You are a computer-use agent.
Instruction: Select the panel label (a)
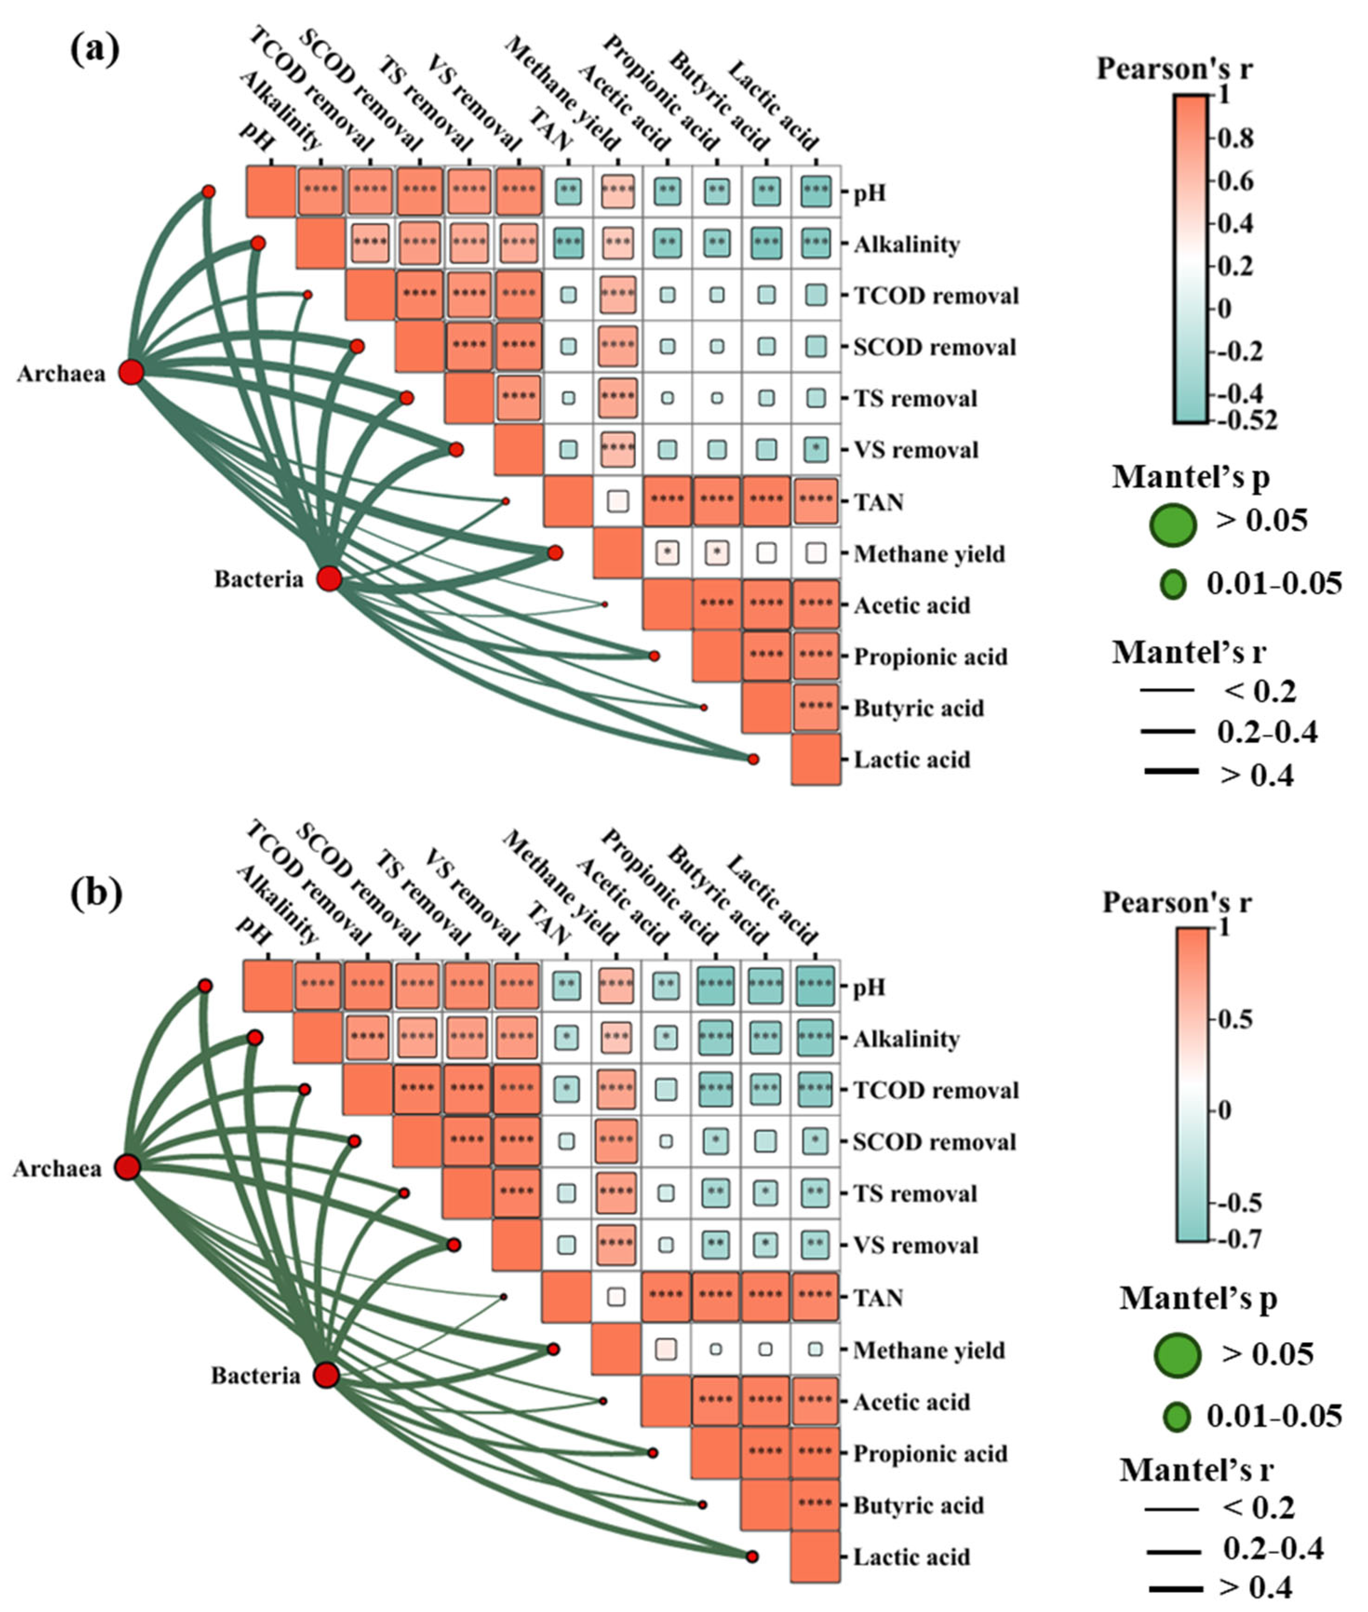(94, 51)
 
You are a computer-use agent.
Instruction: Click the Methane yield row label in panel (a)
(928, 554)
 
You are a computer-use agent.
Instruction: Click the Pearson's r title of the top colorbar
(1174, 69)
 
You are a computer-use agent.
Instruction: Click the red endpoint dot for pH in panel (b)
(205, 985)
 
